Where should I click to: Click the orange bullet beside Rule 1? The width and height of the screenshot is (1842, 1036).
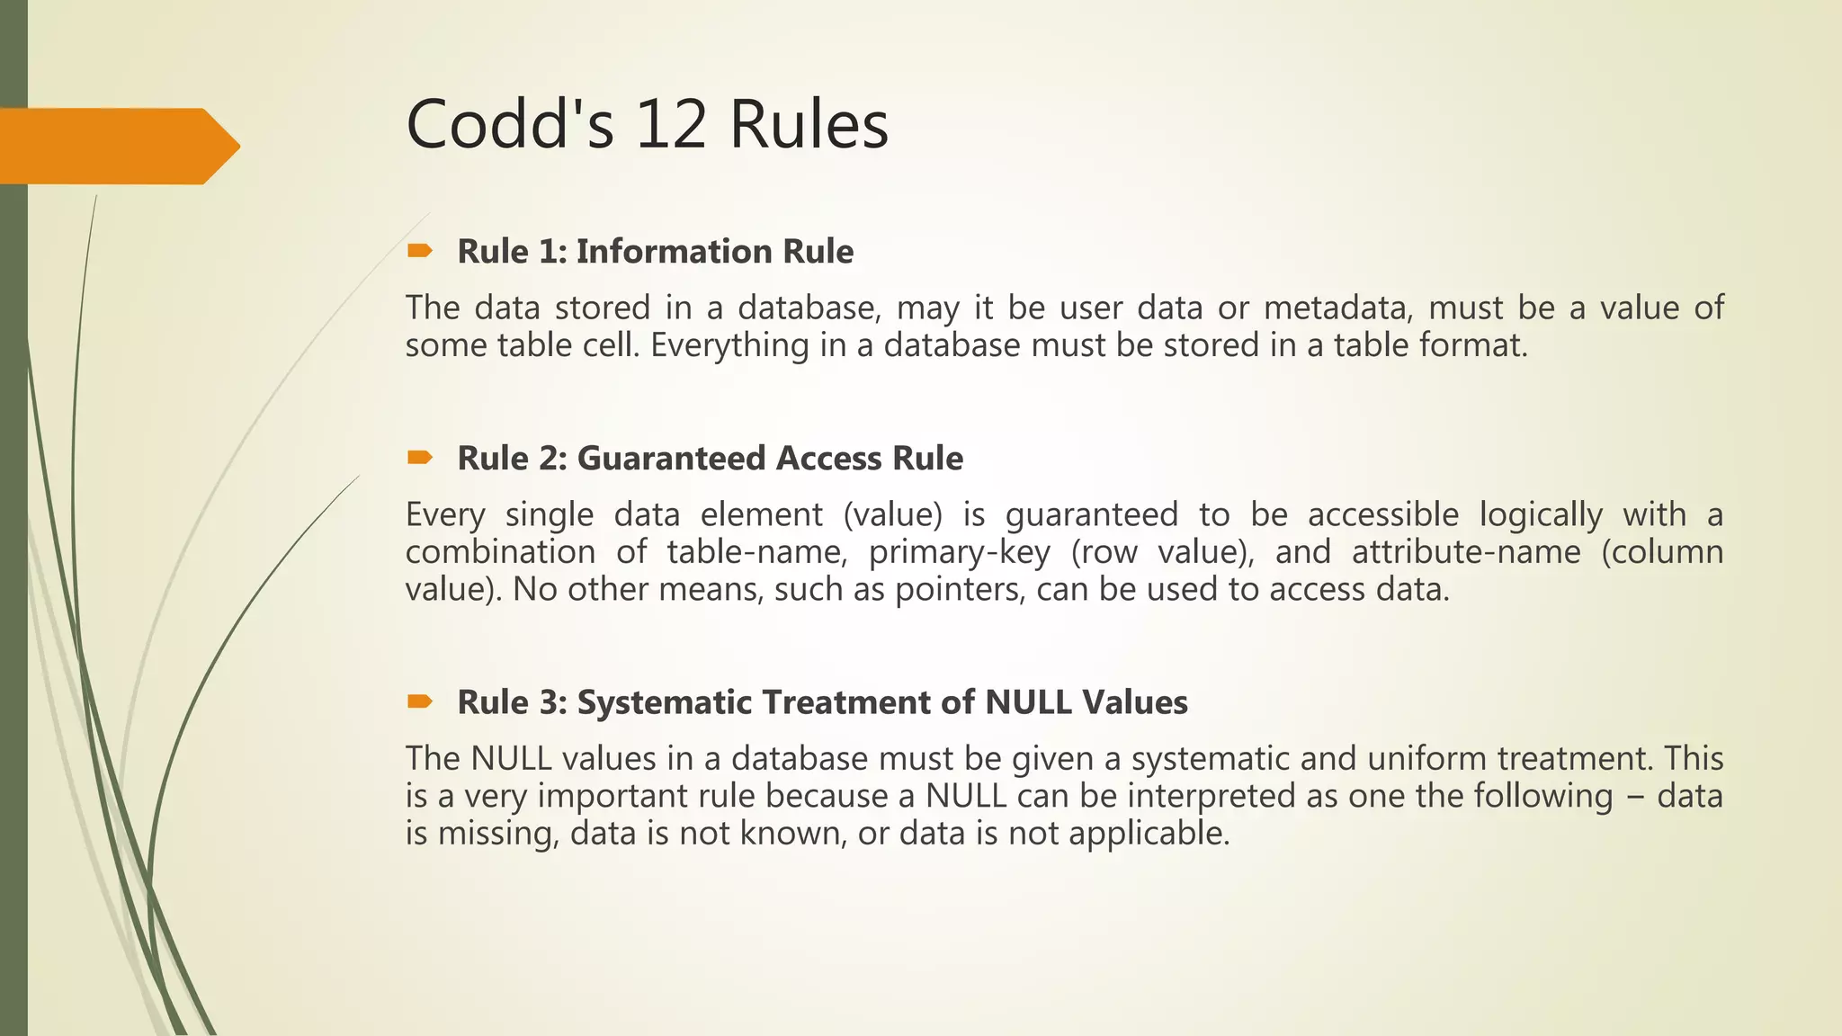(x=419, y=251)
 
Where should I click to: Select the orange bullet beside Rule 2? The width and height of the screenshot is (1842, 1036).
(x=419, y=459)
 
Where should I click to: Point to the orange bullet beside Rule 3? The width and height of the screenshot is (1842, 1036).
(x=419, y=701)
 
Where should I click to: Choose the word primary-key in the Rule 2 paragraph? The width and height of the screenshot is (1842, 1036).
(x=959, y=552)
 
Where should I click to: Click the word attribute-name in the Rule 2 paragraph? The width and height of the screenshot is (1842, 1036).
(x=1465, y=551)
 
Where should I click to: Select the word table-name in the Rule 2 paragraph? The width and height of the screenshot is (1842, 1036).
(x=756, y=551)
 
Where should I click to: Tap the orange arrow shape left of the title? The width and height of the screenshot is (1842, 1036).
(x=117, y=146)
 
